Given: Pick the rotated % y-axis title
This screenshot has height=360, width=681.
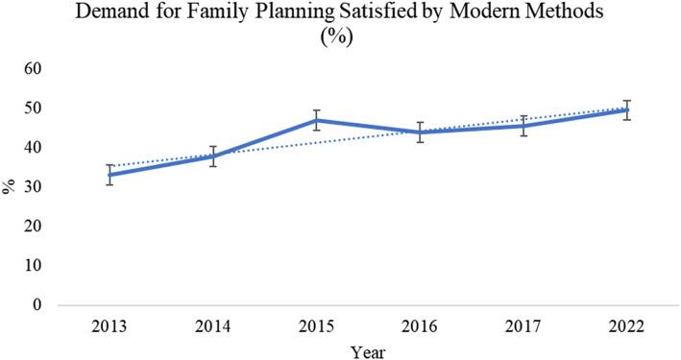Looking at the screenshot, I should [12, 187].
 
